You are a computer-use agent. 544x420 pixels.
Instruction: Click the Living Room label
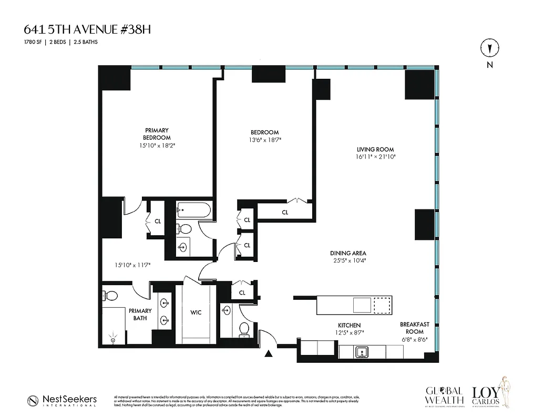[x=375, y=150]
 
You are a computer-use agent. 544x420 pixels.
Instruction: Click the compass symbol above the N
[x=489, y=48]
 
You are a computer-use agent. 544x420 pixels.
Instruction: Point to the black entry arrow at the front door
[x=269, y=354]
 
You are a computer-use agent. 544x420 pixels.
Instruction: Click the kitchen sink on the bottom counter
[x=361, y=351]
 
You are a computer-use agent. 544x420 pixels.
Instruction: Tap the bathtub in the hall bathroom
[x=193, y=211]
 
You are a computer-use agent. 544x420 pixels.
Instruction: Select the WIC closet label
[x=196, y=312]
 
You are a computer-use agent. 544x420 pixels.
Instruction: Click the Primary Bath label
[x=140, y=314]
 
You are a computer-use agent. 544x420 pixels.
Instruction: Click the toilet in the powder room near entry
[x=244, y=329]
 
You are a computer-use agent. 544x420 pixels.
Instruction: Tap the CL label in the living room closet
[x=285, y=213]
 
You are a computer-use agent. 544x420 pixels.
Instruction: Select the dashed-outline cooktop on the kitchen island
[x=382, y=304]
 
